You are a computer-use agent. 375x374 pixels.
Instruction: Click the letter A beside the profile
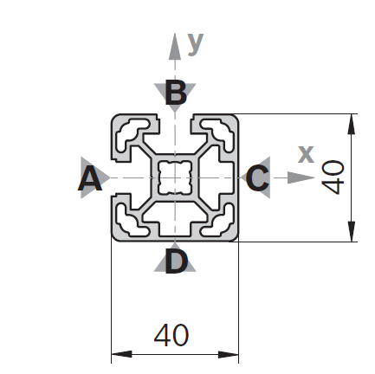point(90,179)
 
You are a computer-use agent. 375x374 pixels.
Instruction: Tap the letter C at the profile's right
point(257,179)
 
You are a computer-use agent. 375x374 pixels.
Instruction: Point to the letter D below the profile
point(176,261)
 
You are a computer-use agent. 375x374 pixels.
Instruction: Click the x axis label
point(306,154)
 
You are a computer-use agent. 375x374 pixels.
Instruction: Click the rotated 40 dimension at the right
point(333,177)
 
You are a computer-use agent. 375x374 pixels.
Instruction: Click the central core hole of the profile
point(175,177)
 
